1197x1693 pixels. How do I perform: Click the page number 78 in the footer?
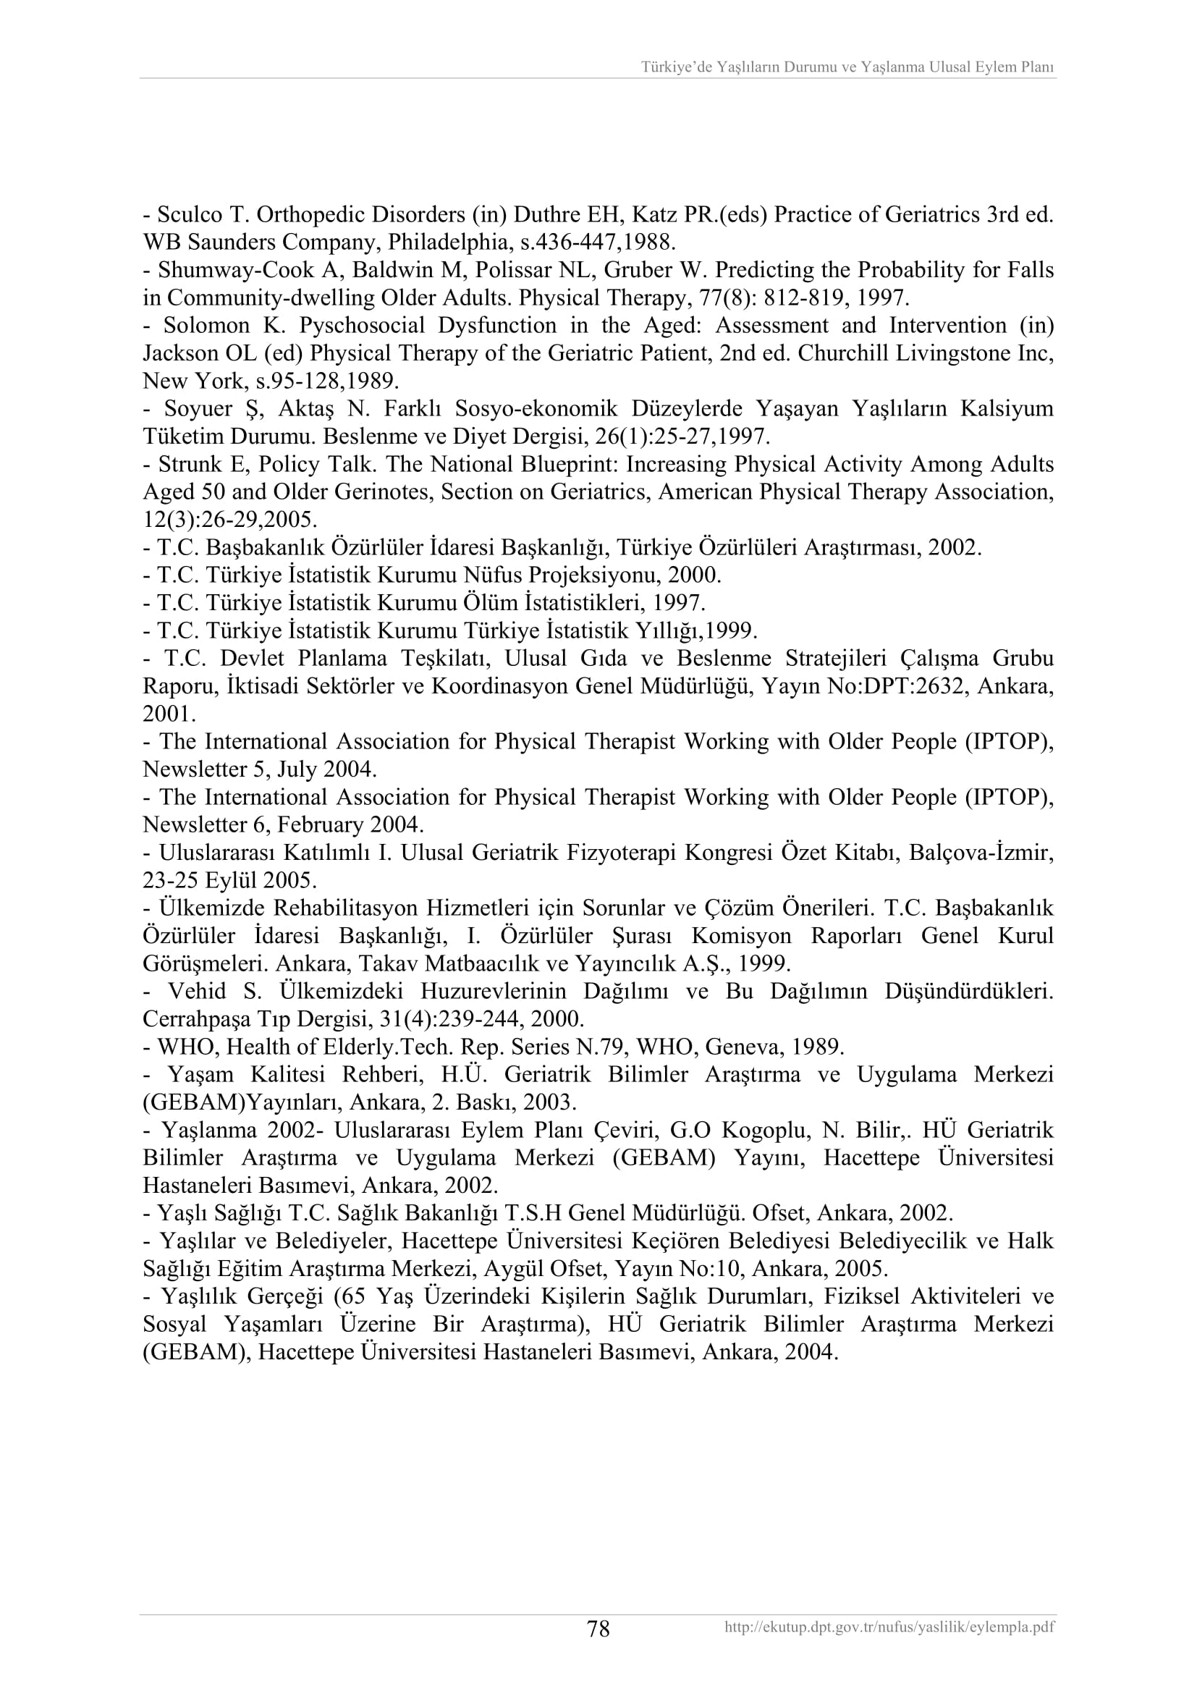coord(598,1628)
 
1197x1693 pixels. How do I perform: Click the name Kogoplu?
coord(760,1130)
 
